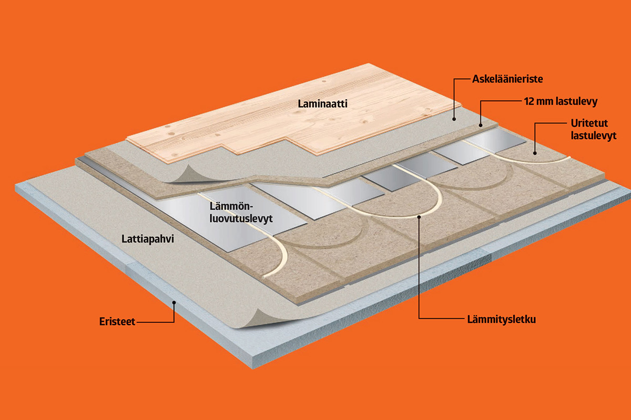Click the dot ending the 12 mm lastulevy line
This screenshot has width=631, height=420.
pyautogui.click(x=481, y=124)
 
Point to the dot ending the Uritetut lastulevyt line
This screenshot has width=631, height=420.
pyautogui.click(x=535, y=153)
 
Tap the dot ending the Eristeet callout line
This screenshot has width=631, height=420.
pyautogui.click(x=174, y=303)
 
